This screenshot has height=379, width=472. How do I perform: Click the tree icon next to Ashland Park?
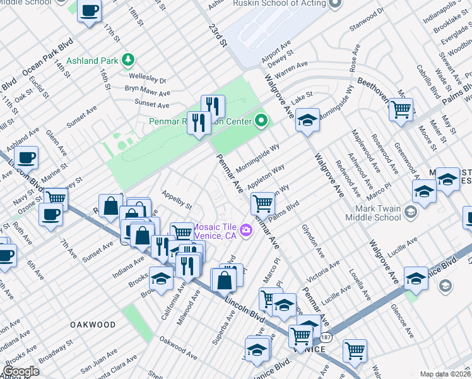pyautogui.click(x=128, y=60)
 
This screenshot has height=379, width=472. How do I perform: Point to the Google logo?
pyautogui.click(x=21, y=371)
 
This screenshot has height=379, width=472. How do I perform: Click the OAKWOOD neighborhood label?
pyautogui.click(x=91, y=325)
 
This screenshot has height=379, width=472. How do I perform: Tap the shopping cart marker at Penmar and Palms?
pyautogui.click(x=262, y=203)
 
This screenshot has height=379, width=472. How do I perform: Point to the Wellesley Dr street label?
pyautogui.click(x=149, y=80)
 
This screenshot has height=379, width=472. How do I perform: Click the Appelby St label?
pyautogui.click(x=177, y=200)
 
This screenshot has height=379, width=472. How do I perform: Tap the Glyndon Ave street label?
pyautogui.click(x=312, y=239)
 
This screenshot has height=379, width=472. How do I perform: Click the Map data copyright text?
pyautogui.click(x=445, y=374)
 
